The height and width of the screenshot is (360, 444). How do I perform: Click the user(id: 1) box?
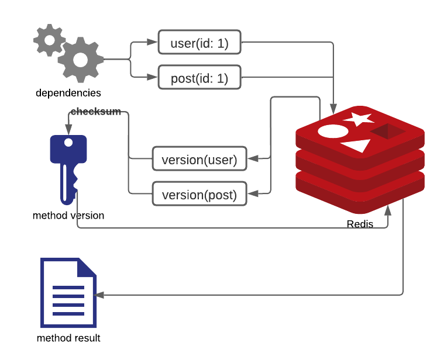coord(199,43)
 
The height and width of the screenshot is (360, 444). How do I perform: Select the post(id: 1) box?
coord(199,78)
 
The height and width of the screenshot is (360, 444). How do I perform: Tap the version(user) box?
coord(199,159)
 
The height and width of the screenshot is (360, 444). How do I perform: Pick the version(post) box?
coord(199,194)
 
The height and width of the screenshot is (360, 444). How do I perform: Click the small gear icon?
coord(47,39)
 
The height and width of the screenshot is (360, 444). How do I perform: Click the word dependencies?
coord(68,93)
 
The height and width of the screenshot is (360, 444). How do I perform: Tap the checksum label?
coord(95,112)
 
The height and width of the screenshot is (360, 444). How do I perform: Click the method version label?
coord(68,216)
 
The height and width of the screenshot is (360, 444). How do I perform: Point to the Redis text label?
coord(360,224)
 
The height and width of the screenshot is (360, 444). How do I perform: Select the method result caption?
coord(68,338)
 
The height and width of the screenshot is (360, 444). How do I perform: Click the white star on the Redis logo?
coord(358,119)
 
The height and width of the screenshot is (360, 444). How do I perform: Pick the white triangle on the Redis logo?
coord(356,146)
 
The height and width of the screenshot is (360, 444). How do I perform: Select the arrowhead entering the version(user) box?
coord(252,158)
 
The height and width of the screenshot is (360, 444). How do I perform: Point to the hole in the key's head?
coord(68,142)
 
